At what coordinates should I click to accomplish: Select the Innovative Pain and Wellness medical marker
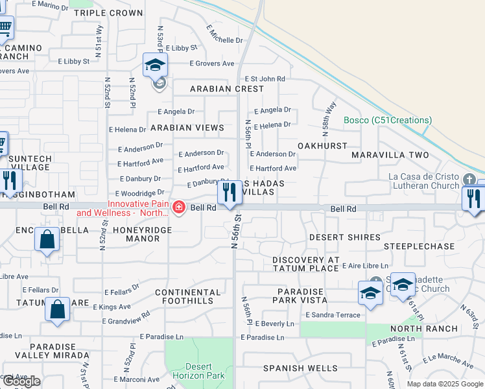coord(178,207)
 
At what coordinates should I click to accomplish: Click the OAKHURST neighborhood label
coord(322,146)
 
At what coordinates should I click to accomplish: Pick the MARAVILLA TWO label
coord(390,155)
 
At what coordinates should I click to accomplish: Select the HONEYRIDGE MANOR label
coord(142,234)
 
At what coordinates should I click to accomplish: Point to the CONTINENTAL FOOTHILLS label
coord(183,297)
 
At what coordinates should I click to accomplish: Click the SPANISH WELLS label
coord(300,368)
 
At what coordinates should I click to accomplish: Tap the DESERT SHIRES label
coord(344,237)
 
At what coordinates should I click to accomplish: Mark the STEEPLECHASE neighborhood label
coord(419,246)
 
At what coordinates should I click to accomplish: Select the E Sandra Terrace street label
coord(332,314)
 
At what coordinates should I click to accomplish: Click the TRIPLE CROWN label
coord(108,13)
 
